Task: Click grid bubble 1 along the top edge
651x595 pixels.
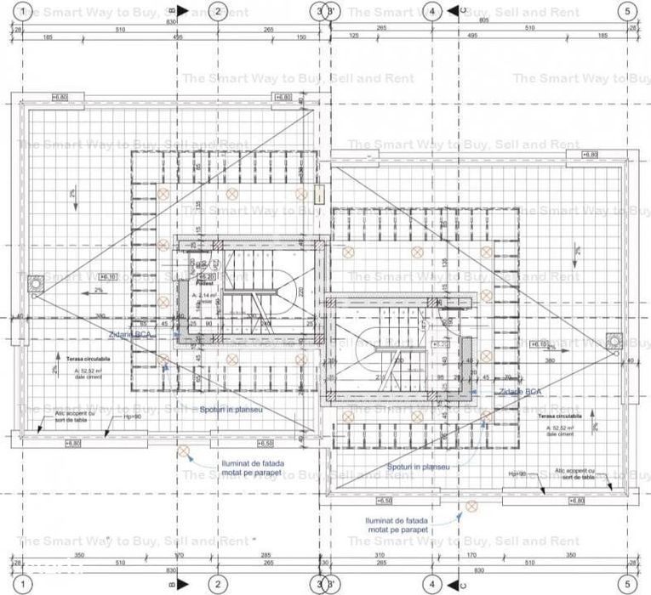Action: point(23,11)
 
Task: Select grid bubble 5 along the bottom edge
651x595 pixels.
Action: point(628,584)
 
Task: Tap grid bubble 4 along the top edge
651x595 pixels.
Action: point(432,11)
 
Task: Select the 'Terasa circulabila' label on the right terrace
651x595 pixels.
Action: point(559,417)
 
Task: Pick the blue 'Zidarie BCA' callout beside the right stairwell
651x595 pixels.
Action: point(518,392)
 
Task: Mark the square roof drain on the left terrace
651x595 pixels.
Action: point(37,282)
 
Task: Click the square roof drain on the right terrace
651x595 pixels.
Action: point(614,340)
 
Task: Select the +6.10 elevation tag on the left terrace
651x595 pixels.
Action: point(107,276)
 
